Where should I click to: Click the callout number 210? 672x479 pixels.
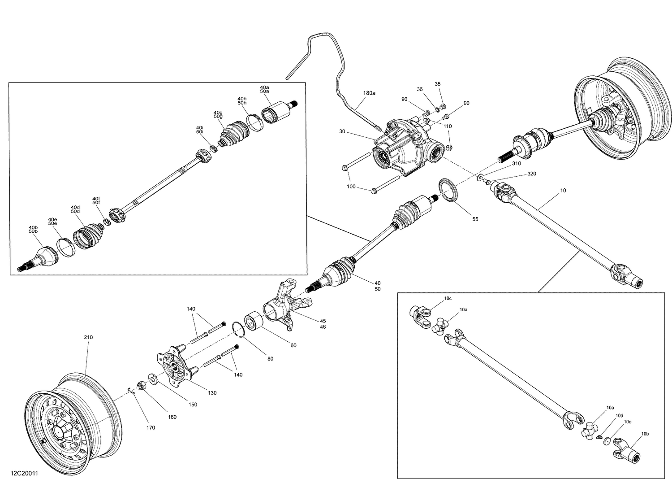[x=88, y=337]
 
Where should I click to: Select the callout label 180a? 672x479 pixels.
[x=369, y=93]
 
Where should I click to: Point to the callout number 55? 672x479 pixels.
[x=475, y=219]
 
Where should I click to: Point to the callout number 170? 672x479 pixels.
[x=151, y=427]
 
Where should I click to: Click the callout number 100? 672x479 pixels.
[x=351, y=186]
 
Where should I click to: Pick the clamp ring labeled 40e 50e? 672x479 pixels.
[x=65, y=247]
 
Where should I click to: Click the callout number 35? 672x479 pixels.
[x=438, y=84]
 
